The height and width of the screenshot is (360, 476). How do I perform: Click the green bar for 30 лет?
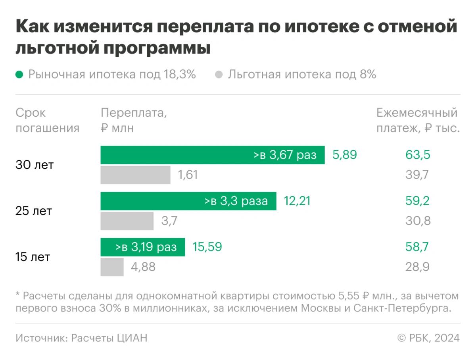click(212, 155)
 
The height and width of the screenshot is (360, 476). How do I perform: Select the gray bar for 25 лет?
click(127, 221)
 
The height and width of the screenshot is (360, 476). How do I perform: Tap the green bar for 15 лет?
click(143, 247)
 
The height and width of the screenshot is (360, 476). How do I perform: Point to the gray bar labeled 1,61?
click(135, 175)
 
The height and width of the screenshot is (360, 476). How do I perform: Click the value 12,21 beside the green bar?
click(297, 201)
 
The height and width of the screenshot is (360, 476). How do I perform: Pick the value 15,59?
click(207, 247)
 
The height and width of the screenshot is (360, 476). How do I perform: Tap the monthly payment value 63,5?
click(418, 155)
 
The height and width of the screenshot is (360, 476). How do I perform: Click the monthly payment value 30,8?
click(418, 221)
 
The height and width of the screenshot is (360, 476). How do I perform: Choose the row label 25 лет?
click(34, 211)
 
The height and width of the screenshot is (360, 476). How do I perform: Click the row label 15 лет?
click(33, 257)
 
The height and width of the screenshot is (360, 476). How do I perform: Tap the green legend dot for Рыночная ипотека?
click(19, 75)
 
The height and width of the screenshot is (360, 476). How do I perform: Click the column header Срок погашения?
click(47, 120)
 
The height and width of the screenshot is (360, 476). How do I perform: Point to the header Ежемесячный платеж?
click(418, 120)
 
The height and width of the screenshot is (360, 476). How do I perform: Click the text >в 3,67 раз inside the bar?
click(285, 155)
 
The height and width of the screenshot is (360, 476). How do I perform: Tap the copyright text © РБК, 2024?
click(428, 338)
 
